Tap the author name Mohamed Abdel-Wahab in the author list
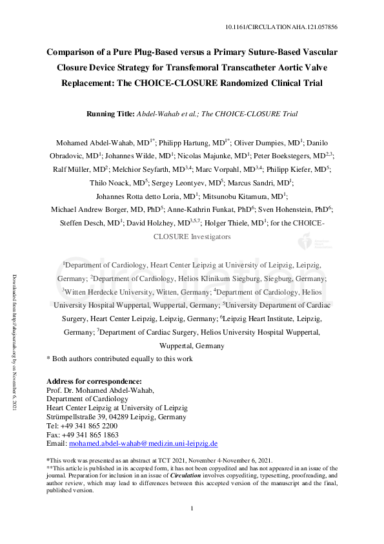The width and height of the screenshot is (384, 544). click(94, 142)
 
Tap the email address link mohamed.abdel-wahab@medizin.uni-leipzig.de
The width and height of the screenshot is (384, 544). click(143, 444)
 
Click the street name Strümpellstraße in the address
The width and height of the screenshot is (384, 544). click(72, 417)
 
